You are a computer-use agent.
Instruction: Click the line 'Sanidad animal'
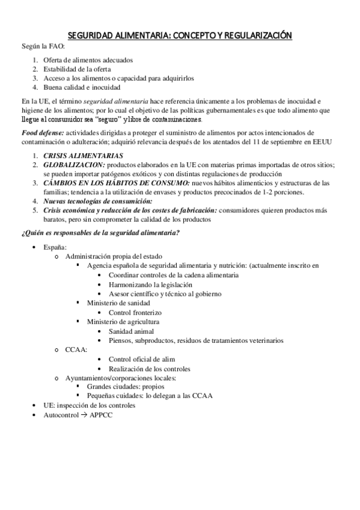pyautogui.click(x=131, y=331)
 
